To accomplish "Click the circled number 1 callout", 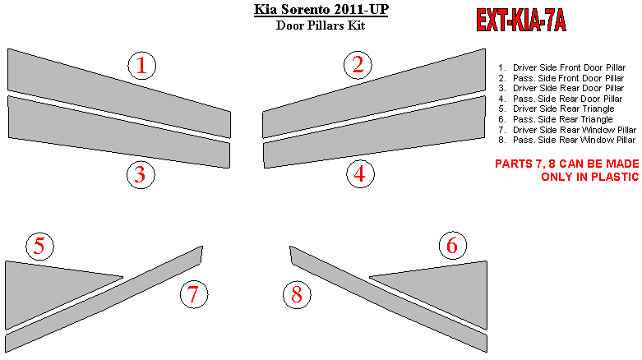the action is [x=141, y=66].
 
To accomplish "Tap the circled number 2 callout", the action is [x=358, y=65].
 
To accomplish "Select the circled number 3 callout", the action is [x=141, y=175].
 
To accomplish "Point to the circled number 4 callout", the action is [x=360, y=174].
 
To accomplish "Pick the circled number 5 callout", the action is [x=39, y=246].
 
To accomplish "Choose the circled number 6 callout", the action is [x=452, y=245].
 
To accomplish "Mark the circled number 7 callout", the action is [x=194, y=294].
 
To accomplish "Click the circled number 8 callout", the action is [x=297, y=294].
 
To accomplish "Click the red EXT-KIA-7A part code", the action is [x=521, y=20].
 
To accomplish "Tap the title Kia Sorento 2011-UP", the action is [x=321, y=9].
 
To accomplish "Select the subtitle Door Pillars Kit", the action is [x=321, y=25].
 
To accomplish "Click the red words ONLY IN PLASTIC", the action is [x=590, y=177].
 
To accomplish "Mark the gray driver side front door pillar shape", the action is [x=118, y=93].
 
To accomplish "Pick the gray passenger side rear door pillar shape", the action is [x=374, y=132].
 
